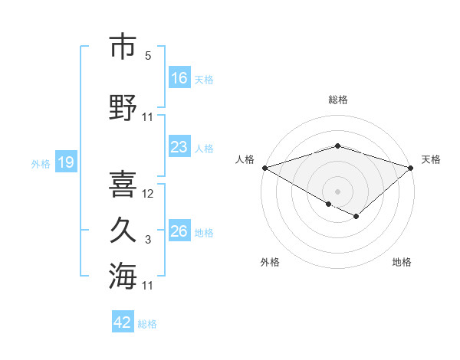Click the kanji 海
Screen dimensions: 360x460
click(x=123, y=276)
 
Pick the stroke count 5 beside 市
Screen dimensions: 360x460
click(x=147, y=56)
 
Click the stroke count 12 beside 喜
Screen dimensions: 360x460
click(x=148, y=194)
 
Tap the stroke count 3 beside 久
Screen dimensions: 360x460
click(x=147, y=241)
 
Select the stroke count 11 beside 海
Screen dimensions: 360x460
click(x=148, y=286)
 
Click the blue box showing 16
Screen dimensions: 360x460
click(x=179, y=77)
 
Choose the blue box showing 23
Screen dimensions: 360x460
click(x=179, y=147)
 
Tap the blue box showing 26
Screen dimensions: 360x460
click(x=179, y=231)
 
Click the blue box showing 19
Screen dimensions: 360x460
click(x=65, y=162)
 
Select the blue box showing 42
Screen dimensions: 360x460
click(x=123, y=322)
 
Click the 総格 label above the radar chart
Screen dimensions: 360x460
click(x=337, y=100)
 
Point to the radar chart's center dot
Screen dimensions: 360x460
click(x=337, y=191)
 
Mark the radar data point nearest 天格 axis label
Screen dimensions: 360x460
click(x=411, y=167)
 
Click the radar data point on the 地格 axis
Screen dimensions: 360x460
click(x=356, y=217)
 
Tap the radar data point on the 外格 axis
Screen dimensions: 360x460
click(x=329, y=204)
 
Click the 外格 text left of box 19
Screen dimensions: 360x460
click(x=40, y=163)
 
